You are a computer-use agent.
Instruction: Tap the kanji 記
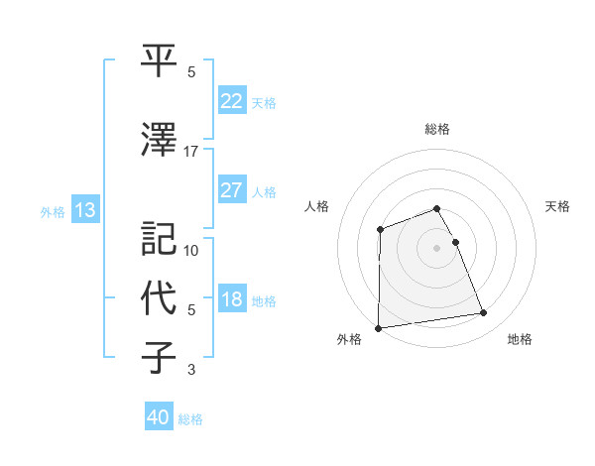click(159, 239)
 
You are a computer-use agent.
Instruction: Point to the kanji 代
click(159, 296)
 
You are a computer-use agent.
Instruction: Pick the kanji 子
click(159, 357)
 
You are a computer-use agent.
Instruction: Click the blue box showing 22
click(231, 101)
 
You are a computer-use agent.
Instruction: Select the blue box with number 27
click(231, 191)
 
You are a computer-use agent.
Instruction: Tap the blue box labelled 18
click(231, 300)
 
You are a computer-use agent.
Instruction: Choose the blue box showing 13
click(84, 210)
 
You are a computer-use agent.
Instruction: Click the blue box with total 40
click(159, 418)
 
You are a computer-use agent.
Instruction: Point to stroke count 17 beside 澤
click(191, 152)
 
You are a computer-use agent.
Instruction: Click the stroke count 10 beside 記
click(191, 251)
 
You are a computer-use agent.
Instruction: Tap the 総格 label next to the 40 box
click(190, 419)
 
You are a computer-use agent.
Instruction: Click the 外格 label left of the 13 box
click(53, 211)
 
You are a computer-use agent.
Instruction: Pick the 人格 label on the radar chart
click(317, 206)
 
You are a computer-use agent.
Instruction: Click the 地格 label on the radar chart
click(520, 340)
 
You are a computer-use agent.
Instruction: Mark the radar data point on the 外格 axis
click(378, 327)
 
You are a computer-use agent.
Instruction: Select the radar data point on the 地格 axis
click(484, 313)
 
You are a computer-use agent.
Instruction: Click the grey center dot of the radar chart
click(436, 247)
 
